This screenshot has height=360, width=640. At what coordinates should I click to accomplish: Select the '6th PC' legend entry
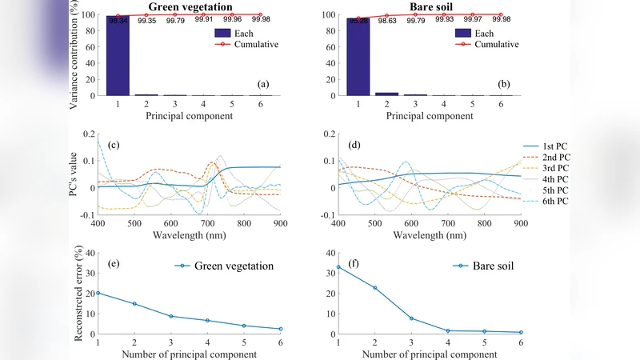(555, 201)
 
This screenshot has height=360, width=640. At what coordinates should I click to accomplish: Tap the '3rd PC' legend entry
(555, 170)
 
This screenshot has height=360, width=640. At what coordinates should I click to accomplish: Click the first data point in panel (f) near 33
(338, 267)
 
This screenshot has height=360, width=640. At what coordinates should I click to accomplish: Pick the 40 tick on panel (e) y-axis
(88, 253)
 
